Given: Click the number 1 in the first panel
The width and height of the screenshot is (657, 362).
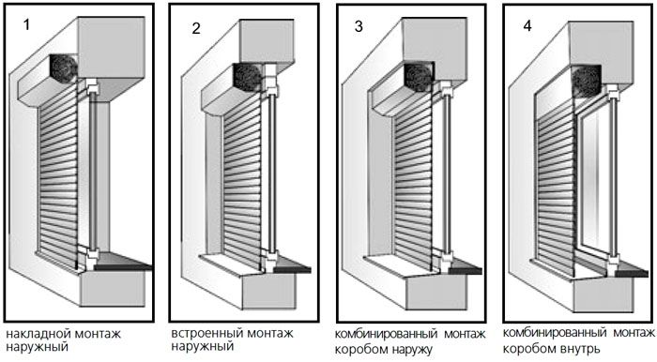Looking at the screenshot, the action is pyautogui.click(x=27, y=25).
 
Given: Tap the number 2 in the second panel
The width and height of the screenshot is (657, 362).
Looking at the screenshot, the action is pyautogui.click(x=196, y=28).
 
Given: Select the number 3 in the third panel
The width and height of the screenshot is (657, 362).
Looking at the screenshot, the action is pyautogui.click(x=359, y=26).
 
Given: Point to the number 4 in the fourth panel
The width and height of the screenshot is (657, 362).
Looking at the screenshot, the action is pyautogui.click(x=527, y=25).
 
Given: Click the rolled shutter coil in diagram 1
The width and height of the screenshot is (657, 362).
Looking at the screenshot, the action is pyautogui.click(x=64, y=68).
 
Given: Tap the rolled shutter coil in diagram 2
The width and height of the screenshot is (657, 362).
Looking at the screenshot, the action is pyautogui.click(x=248, y=78).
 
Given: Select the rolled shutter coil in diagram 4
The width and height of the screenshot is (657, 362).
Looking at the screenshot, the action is pyautogui.click(x=587, y=82).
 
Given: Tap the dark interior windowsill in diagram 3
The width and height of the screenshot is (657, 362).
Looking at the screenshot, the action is pyautogui.click(x=465, y=267).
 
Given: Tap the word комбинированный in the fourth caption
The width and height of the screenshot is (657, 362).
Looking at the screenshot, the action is pyautogui.click(x=554, y=333).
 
